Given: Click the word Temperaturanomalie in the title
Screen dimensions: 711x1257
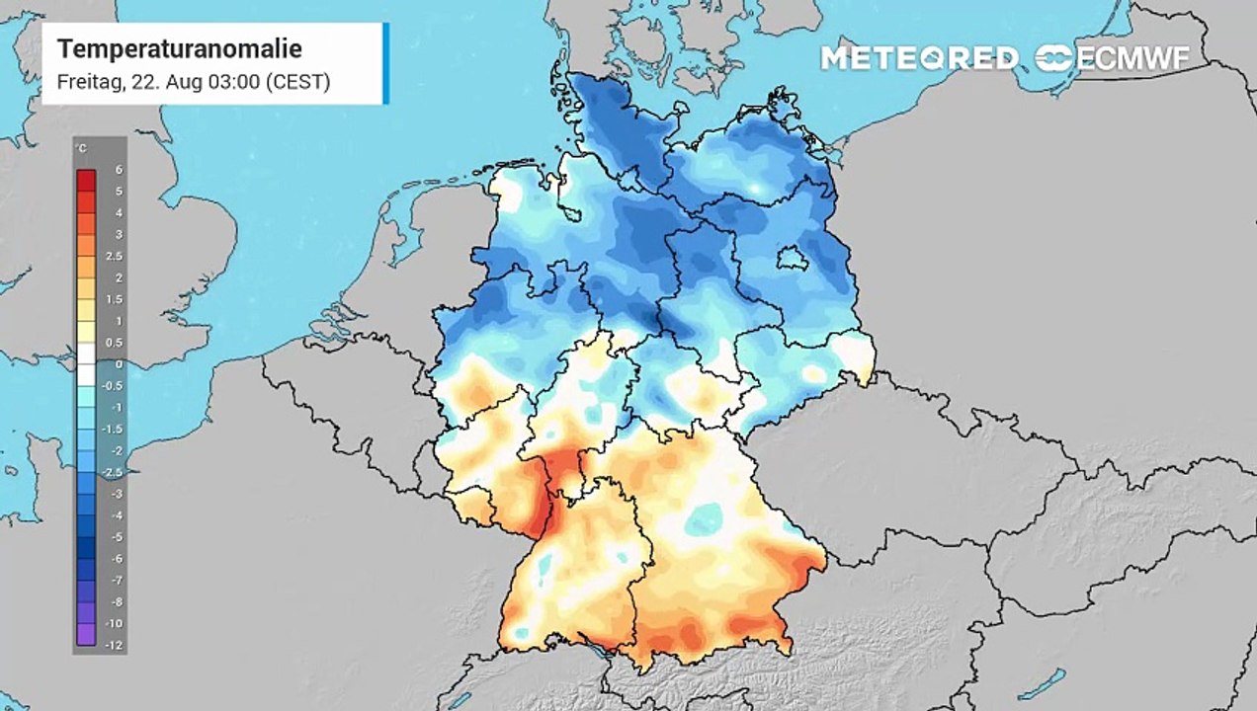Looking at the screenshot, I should (179, 48).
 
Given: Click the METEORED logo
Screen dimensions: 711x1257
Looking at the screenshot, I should (919, 57).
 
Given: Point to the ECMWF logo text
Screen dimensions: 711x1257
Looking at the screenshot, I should (1131, 57).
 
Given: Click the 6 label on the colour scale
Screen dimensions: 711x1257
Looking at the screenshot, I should (118, 170).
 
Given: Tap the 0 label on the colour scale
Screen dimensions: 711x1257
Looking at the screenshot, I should (118, 364).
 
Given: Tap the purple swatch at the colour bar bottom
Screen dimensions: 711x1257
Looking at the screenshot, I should (86, 635).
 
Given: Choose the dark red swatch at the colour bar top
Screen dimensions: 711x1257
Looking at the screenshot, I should (86, 180).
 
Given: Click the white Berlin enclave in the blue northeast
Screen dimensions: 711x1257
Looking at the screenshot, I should (791, 259).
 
